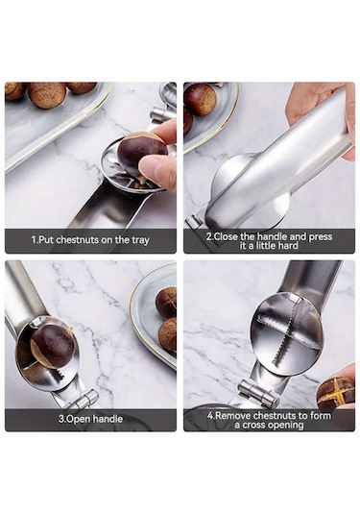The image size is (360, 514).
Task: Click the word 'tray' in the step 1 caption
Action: [x=140, y=240]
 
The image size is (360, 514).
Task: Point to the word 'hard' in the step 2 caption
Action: [x=288, y=246]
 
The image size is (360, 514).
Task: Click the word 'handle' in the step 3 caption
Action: [x=108, y=419]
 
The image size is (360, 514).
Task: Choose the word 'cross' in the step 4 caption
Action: [x=253, y=425]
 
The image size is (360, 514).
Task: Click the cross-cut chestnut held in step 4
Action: [x=336, y=390]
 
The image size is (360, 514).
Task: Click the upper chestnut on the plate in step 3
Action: [x=166, y=302]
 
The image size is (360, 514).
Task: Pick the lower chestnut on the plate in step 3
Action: [x=167, y=334]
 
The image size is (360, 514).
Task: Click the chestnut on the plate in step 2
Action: [x=200, y=99]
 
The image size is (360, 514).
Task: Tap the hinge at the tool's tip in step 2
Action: [x=195, y=222]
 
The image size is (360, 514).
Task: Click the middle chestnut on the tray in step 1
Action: [x=46, y=95]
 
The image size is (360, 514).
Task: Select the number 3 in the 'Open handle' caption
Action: [x=60, y=419]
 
